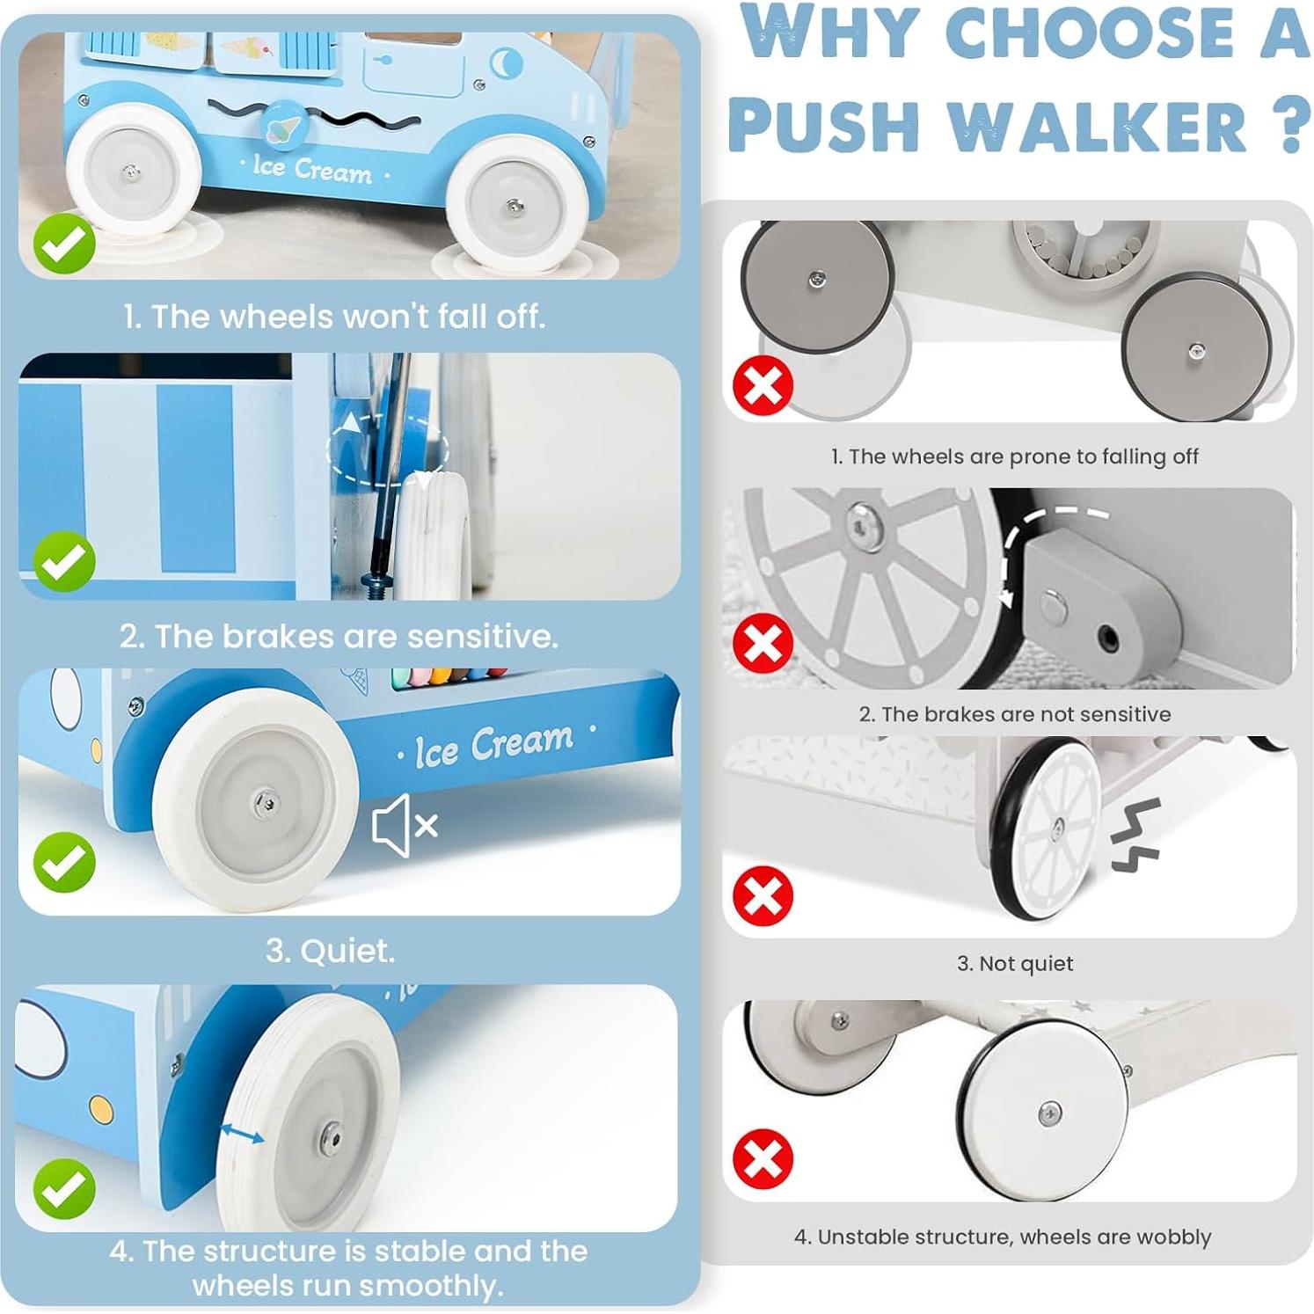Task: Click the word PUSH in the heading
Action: click(x=823, y=125)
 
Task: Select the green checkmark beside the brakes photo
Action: click(x=64, y=561)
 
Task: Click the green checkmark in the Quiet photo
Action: click(x=64, y=862)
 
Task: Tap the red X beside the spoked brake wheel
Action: click(x=763, y=643)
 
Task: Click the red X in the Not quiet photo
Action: click(x=763, y=895)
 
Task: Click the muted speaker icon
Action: click(x=404, y=826)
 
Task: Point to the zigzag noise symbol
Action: click(x=1136, y=836)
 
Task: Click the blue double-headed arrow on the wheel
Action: click(x=241, y=1134)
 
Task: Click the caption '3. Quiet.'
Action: click(x=331, y=951)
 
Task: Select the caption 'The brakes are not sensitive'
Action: click(x=1014, y=714)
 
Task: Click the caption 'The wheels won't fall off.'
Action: click(x=334, y=317)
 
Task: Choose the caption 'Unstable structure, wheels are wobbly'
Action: click(x=1003, y=1237)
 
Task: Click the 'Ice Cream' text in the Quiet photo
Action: click(x=494, y=745)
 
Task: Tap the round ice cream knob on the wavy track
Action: click(x=283, y=126)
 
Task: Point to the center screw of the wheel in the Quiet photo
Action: click(x=265, y=801)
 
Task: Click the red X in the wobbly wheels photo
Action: click(x=763, y=1158)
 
